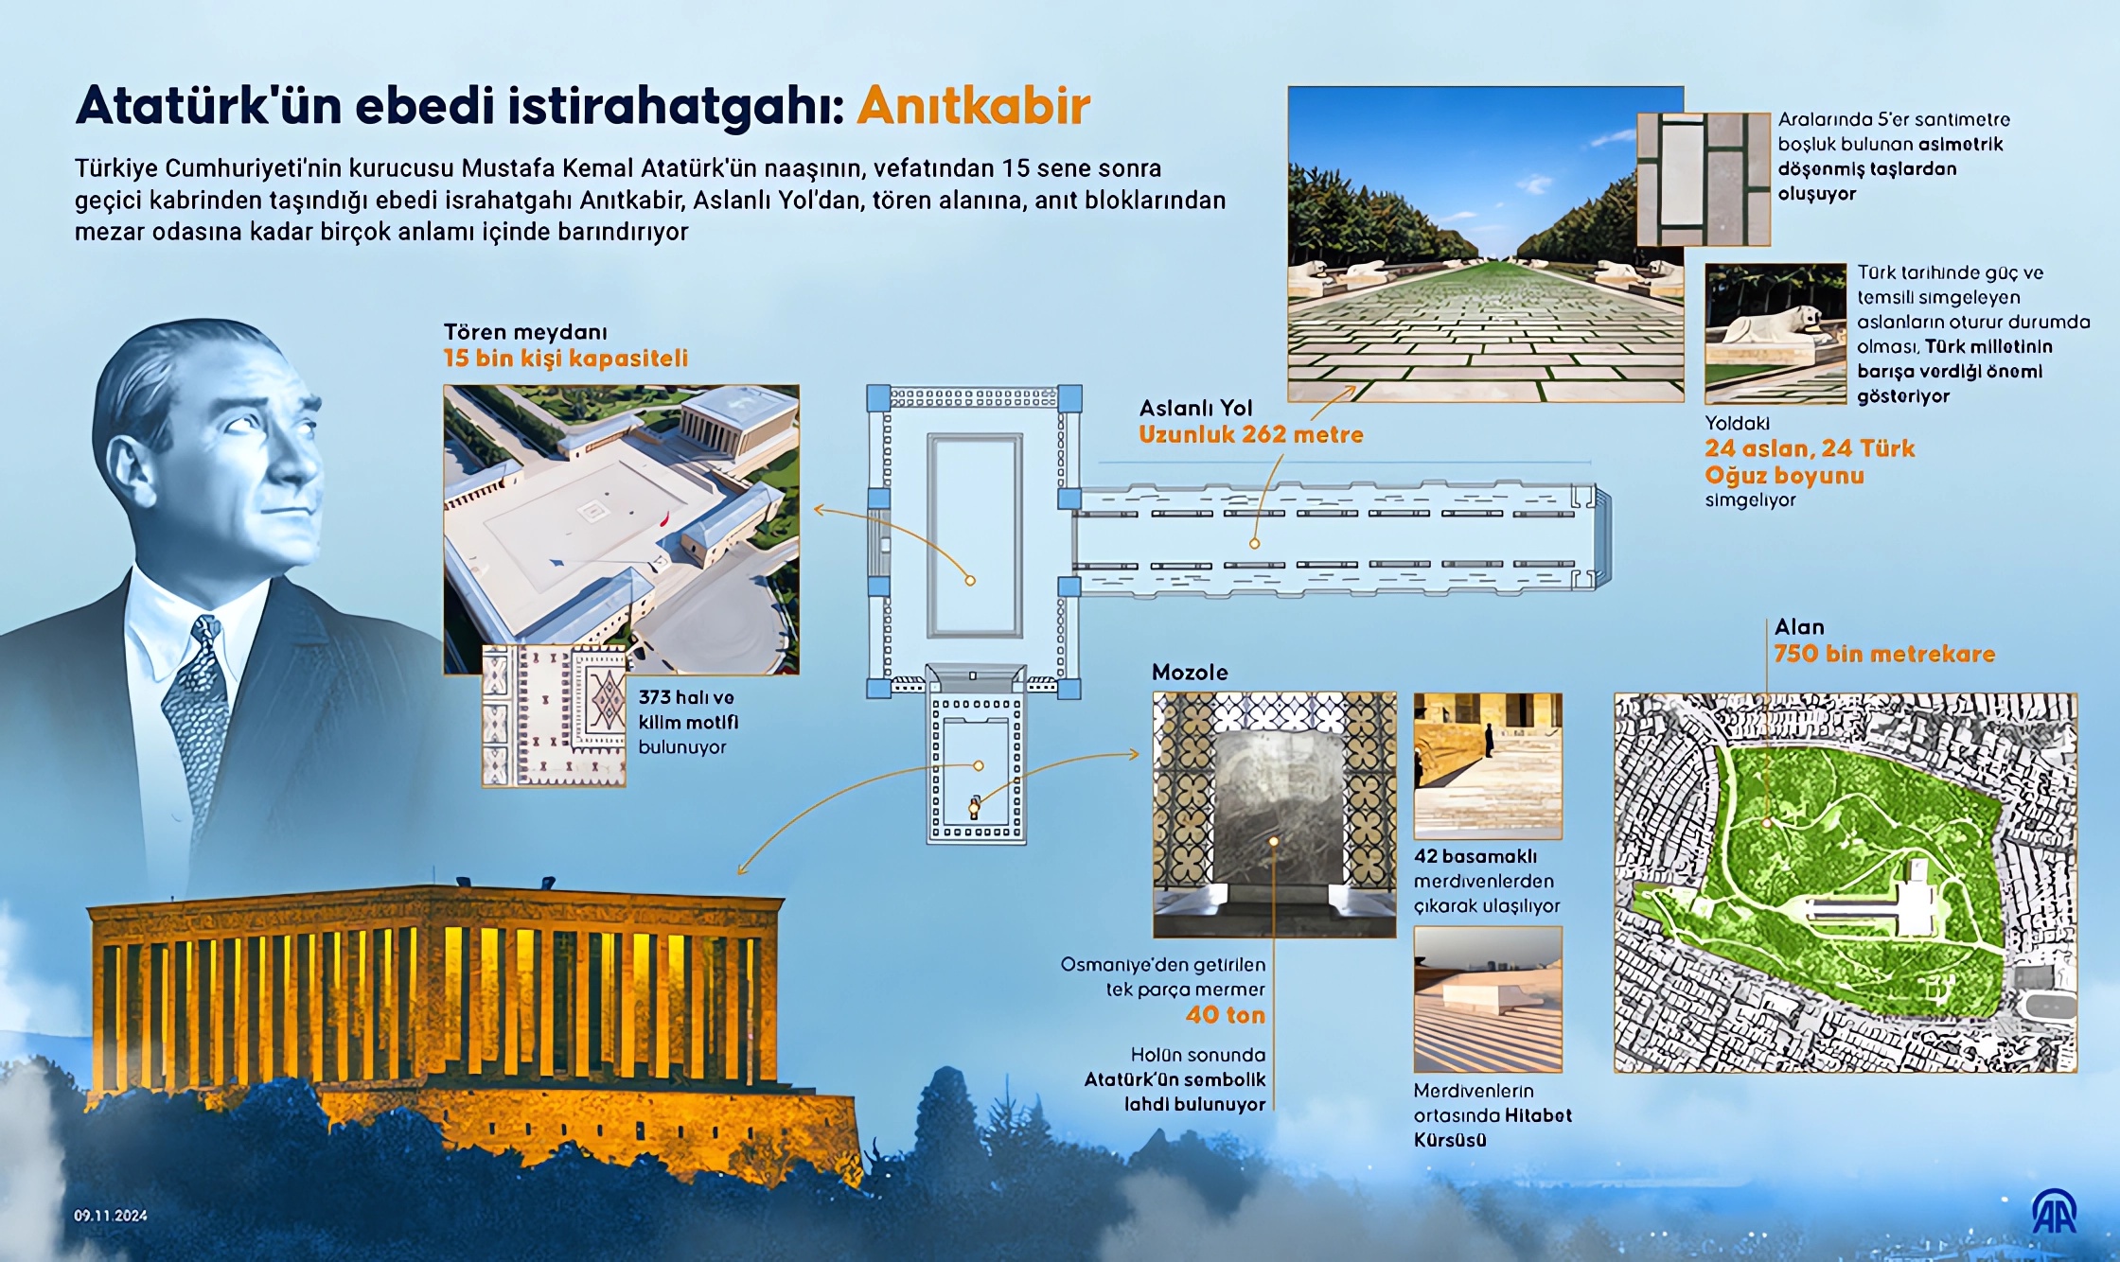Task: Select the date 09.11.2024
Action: [111, 1216]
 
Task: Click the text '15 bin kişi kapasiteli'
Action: [565, 359]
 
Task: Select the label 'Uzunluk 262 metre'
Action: [1250, 435]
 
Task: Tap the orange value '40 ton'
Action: [1225, 1015]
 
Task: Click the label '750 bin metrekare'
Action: [1883, 654]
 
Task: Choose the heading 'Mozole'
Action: [1190, 673]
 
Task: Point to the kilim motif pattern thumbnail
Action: [554, 716]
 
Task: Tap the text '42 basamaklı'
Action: [1475, 856]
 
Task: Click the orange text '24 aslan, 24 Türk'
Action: [1809, 448]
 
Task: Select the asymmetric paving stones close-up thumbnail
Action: [1703, 179]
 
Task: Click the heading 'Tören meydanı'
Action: [525, 332]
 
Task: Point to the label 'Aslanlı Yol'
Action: [1195, 409]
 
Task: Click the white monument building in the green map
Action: [1917, 899]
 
